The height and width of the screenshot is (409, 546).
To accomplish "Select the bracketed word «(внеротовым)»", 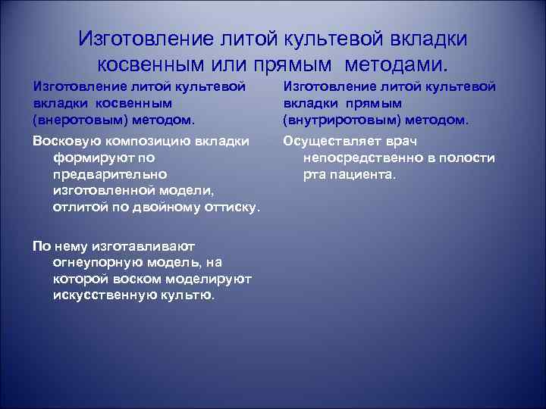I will coord(79,120).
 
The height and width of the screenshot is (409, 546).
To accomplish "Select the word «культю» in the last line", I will coord(187,295).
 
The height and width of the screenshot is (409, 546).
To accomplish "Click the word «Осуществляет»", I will coord(331,142).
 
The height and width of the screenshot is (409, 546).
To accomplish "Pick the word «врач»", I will coord(402,142).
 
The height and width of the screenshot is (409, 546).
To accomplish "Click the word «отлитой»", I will coord(77,207).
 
